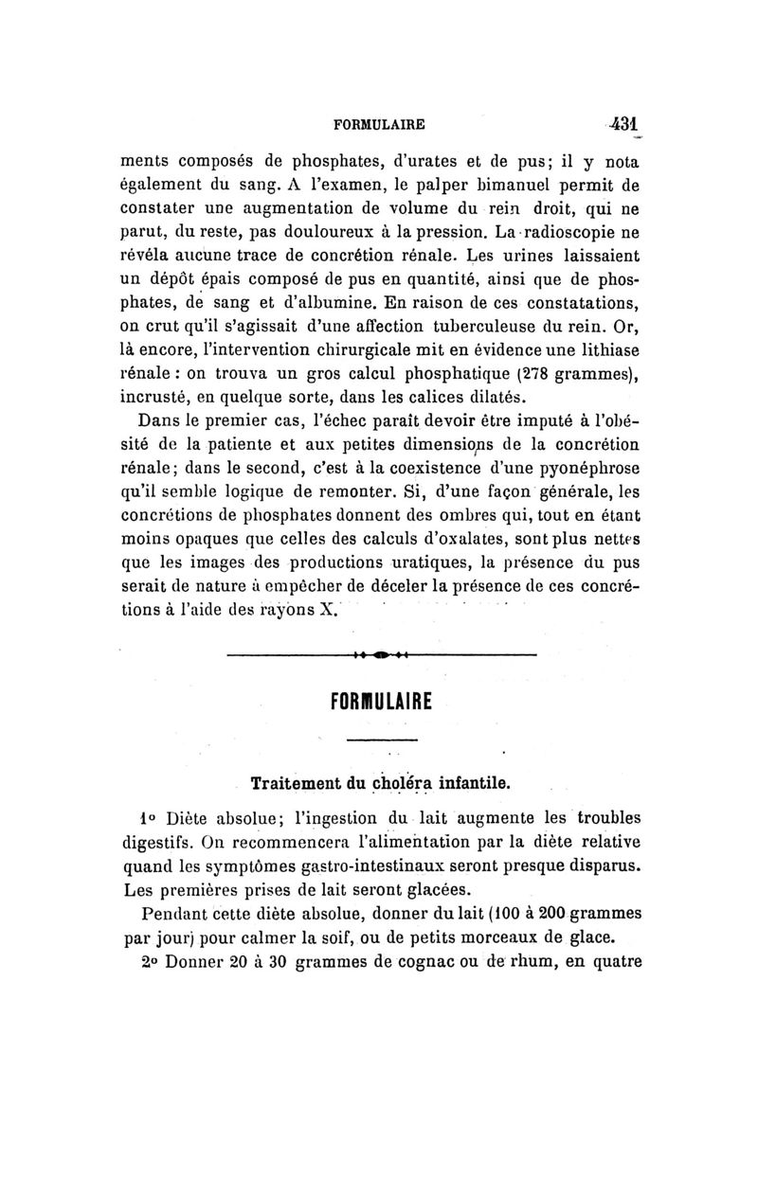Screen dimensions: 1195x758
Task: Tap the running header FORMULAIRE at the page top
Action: pyautogui.click(x=379, y=123)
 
